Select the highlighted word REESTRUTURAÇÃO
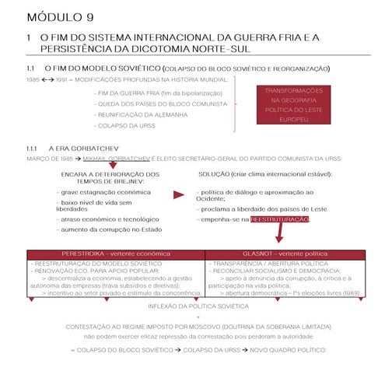tap(280, 220)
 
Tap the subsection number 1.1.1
tap(32, 147)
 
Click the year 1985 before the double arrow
tap(33, 80)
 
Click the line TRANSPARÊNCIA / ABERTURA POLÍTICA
tap(263, 264)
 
